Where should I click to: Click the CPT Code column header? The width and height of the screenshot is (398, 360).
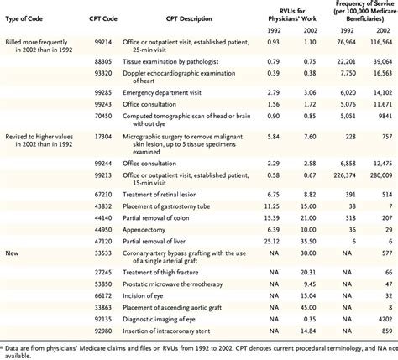[x=103, y=19]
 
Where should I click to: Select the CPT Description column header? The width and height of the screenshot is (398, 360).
[x=189, y=19]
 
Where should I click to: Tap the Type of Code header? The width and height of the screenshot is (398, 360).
[x=24, y=19]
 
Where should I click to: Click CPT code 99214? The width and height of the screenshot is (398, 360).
[x=103, y=42]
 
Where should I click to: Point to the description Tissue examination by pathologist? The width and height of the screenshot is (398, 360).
[x=170, y=61]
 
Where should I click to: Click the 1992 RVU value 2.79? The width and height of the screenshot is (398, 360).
[x=273, y=92]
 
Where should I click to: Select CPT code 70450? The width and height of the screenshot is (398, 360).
[x=103, y=116]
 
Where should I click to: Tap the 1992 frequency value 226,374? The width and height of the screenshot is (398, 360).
[x=344, y=175]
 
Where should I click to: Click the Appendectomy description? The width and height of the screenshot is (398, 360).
[x=144, y=230]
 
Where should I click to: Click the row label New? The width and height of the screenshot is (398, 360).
[x=12, y=253]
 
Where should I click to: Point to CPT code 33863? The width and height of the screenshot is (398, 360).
[x=103, y=308]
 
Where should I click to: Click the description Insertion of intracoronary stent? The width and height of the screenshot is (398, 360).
[x=166, y=331]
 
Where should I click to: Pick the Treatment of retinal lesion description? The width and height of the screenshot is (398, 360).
[x=160, y=195]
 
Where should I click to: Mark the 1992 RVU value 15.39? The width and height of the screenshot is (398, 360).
[x=272, y=218]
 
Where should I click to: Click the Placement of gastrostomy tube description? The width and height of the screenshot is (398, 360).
[x=166, y=206]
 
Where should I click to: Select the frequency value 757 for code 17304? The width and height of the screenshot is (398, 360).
[x=387, y=137]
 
